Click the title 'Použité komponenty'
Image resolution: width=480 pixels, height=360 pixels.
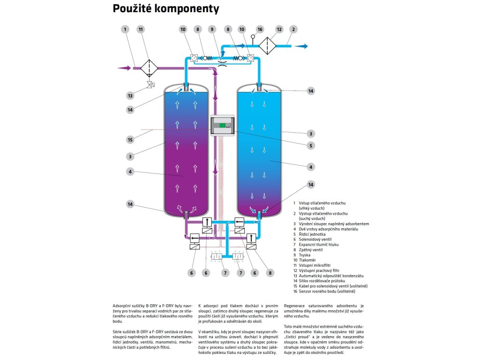(x=165, y=9)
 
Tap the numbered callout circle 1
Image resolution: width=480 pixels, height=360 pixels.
(x=125, y=29)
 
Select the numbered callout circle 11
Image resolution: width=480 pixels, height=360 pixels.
(x=140, y=29)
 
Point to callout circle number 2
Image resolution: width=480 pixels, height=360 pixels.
(x=293, y=29)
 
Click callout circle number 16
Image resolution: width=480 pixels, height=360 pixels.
(x=260, y=29)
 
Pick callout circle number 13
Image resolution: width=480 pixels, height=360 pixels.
(x=130, y=96)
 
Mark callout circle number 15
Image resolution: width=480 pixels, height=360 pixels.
(x=130, y=139)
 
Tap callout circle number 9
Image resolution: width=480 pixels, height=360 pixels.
(x=212, y=29)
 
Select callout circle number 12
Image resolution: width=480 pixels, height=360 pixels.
(x=279, y=29)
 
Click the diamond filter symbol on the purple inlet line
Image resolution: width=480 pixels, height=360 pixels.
(x=150, y=68)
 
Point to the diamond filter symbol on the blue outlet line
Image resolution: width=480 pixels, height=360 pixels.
(x=268, y=46)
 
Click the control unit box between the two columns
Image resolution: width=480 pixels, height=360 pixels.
(x=222, y=125)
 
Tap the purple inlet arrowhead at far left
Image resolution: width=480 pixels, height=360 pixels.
(x=124, y=68)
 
